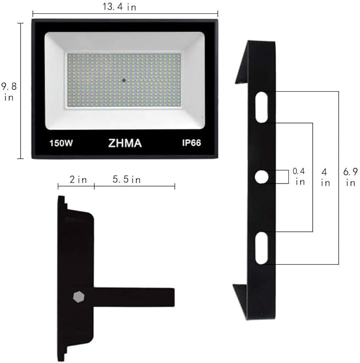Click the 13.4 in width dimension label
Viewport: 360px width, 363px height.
(x=119, y=7)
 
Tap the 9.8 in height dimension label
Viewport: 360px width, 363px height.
(x=9, y=92)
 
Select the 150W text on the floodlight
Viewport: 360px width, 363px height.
(x=61, y=143)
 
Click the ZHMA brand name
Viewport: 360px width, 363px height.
(x=125, y=143)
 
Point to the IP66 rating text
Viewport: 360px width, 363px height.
(x=191, y=143)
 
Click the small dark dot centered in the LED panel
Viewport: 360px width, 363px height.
(x=124, y=80)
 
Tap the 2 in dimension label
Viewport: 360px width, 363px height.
(x=78, y=179)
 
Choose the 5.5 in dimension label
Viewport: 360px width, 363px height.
(x=127, y=179)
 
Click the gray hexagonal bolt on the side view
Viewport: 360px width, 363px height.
(x=78, y=297)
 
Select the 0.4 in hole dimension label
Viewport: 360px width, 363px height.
(x=298, y=176)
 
